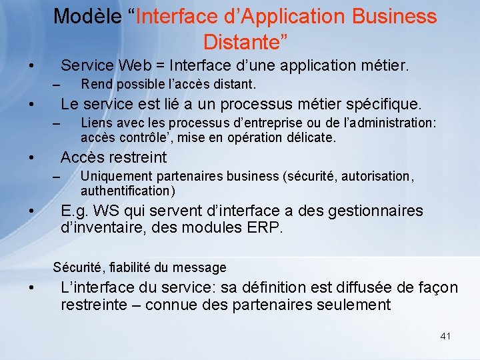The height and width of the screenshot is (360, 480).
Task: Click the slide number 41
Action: pyautogui.click(x=445, y=336)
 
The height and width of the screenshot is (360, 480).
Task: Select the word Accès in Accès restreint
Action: pyautogui.click(x=82, y=157)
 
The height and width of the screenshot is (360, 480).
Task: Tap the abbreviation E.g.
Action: pyautogui.click(x=75, y=211)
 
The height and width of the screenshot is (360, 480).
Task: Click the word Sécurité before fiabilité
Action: pyautogui.click(x=78, y=267)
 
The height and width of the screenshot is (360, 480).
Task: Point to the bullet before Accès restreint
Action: pyautogui.click(x=31, y=159)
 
